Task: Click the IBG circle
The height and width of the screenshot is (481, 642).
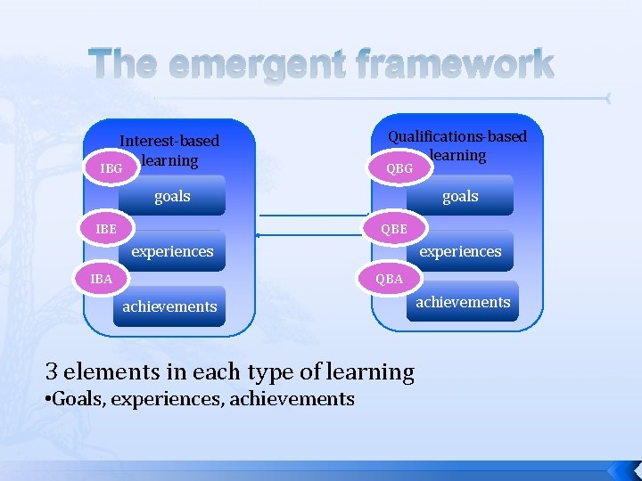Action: coord(112,167)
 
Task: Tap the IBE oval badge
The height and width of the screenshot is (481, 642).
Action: coord(106,228)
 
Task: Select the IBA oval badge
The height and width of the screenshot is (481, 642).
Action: coord(103,279)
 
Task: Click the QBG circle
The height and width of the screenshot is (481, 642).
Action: coord(399,167)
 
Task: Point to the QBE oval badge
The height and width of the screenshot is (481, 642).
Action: coord(393,228)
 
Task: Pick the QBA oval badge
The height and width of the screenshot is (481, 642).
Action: coord(390,279)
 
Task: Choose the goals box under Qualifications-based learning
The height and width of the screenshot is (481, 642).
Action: coord(460,196)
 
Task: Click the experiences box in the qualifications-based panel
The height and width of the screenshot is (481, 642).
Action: coord(460,251)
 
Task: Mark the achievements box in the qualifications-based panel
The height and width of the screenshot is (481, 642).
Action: coord(464,303)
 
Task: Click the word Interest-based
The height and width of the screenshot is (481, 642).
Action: coord(169,141)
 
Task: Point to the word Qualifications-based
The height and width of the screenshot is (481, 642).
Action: coord(457,136)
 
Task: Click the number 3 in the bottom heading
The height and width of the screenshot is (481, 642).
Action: coord(52,371)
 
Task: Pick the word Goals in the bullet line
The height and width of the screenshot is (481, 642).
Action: coord(78,398)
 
